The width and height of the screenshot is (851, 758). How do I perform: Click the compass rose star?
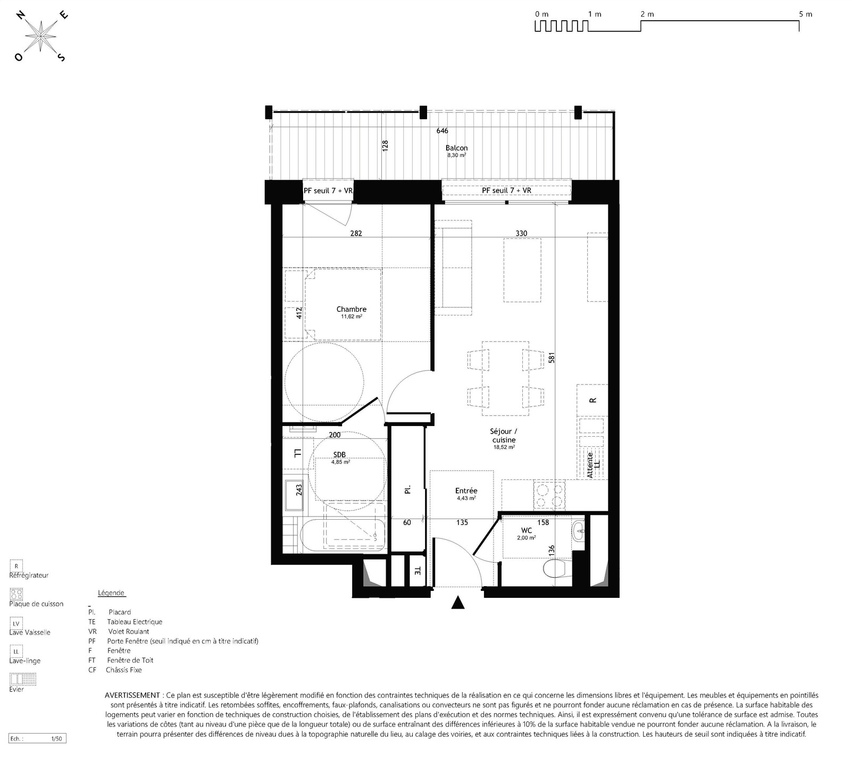pyautogui.click(x=41, y=36)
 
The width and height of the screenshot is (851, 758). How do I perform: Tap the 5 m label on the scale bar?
pyautogui.click(x=805, y=14)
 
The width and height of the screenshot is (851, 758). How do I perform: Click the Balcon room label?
pyautogui.click(x=457, y=148)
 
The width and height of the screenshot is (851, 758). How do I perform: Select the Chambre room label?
pyautogui.click(x=352, y=309)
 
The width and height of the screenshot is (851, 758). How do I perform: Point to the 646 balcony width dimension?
pyautogui.click(x=443, y=130)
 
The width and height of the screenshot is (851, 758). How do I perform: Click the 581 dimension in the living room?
pyautogui.click(x=552, y=358)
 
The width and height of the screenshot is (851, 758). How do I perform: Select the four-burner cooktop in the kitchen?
pyautogui.click(x=549, y=495)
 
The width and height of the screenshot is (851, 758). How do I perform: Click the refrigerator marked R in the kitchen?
pyautogui.click(x=592, y=401)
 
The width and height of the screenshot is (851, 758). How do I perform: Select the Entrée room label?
pyautogui.click(x=466, y=491)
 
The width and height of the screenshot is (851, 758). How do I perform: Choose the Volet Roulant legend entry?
pyautogui.click(x=128, y=631)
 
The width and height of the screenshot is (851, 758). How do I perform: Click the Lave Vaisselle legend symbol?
pyautogui.click(x=16, y=623)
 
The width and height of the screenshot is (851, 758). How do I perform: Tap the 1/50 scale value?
pyautogui.click(x=56, y=739)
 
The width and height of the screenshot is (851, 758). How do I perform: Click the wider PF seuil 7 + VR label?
pyautogui.click(x=506, y=190)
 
